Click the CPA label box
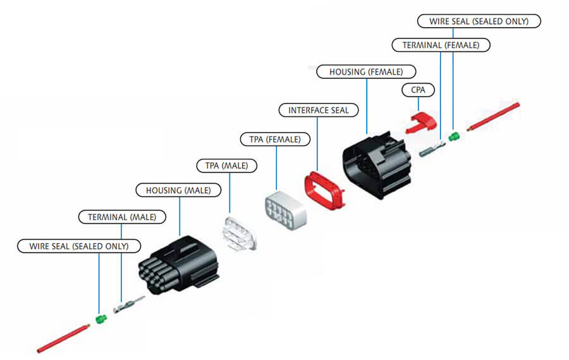pos(419,90)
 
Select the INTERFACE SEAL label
pos(319,110)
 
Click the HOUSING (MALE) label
pos(179,190)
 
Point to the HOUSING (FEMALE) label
pos(366,72)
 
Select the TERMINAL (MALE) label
pos(122,217)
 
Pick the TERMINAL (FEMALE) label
pos(441,45)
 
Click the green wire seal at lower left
pos(101,318)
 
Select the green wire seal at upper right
pos(453,136)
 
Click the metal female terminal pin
pos(431,151)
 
